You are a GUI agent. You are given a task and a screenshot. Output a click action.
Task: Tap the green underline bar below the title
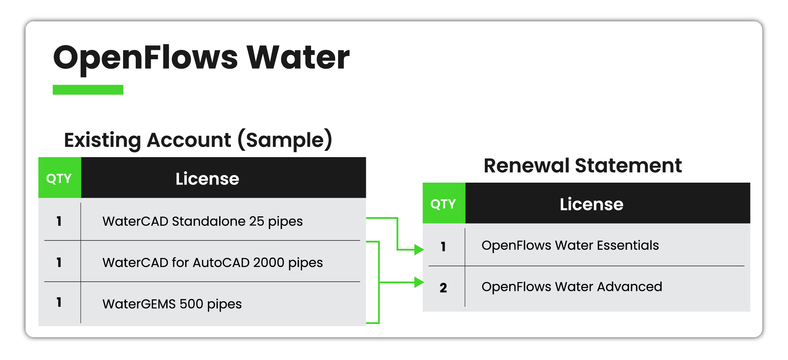(88, 90)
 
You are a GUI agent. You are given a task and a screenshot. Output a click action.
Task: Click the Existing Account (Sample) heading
(198, 140)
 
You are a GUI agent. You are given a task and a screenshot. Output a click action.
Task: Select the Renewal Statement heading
(582, 166)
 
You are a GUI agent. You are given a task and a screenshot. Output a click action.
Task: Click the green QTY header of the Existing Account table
(59, 178)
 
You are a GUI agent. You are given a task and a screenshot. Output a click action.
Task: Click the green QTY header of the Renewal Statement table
(444, 204)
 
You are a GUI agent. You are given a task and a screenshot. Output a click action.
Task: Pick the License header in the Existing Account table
(207, 179)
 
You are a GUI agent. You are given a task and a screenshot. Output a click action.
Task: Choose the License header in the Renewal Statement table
(591, 204)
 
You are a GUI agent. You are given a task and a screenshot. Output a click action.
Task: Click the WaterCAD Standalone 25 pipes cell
(202, 221)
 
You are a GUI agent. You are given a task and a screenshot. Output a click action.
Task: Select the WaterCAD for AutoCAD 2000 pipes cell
(212, 262)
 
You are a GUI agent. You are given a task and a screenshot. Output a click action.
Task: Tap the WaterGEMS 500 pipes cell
(172, 304)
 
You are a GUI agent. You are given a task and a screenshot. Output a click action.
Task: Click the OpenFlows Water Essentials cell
(570, 245)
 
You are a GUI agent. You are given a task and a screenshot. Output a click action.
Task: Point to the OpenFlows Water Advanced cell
(571, 286)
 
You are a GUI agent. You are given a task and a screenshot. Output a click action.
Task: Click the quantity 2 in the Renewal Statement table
(443, 288)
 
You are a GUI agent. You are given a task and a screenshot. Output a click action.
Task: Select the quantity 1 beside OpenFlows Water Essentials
(443, 246)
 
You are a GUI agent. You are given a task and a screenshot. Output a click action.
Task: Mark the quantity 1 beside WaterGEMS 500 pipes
(59, 302)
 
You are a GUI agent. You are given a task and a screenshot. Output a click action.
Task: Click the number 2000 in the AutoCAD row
(268, 262)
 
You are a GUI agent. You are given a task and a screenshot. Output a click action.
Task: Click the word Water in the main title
(298, 58)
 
